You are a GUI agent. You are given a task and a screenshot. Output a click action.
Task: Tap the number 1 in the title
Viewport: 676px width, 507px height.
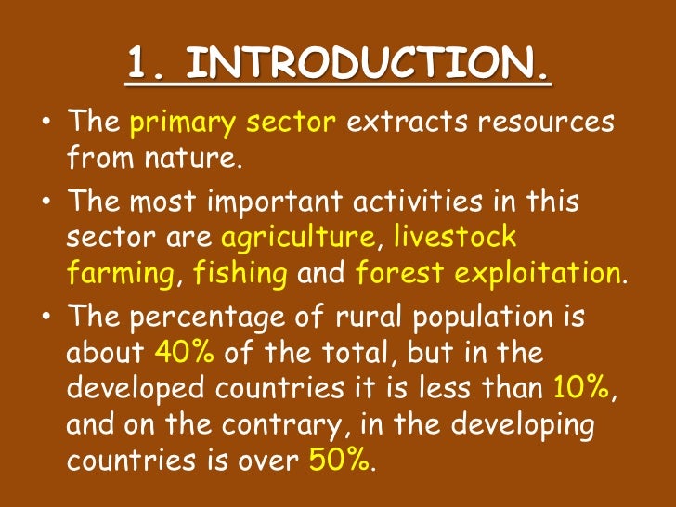click(x=139, y=65)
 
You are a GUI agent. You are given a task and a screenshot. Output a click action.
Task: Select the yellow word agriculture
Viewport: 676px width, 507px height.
click(x=297, y=239)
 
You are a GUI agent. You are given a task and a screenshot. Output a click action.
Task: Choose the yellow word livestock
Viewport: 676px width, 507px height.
click(x=454, y=238)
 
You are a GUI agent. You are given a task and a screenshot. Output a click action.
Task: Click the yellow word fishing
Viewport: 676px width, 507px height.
click(x=240, y=275)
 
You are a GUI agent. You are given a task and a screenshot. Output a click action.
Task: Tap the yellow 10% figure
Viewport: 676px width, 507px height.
click(x=581, y=388)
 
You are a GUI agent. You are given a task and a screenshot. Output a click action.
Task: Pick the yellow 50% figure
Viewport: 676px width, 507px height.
click(x=338, y=461)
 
